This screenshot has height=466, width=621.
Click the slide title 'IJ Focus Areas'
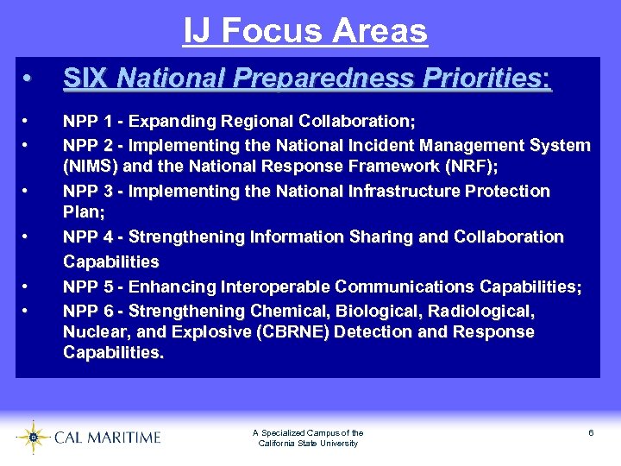(x=305, y=31)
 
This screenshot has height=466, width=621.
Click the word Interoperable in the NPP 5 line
(x=276, y=287)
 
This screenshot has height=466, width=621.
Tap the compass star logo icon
(x=33, y=438)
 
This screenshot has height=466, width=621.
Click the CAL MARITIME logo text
(x=107, y=438)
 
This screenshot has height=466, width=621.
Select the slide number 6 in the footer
(x=591, y=432)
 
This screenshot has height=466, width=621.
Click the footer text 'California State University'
(x=308, y=444)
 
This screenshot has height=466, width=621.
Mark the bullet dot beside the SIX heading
(x=28, y=79)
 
